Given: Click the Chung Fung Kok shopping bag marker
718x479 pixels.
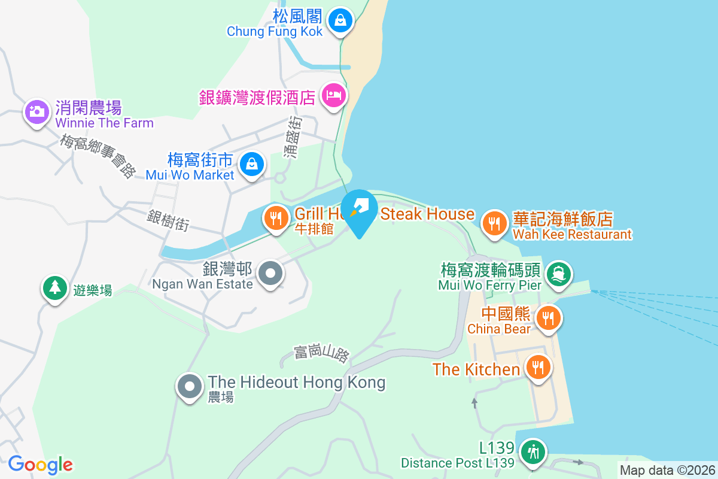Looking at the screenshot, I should pos(340,20).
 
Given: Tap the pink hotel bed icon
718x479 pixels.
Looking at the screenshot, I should pos(333,95).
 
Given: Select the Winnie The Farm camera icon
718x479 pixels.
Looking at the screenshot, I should pos(36,111).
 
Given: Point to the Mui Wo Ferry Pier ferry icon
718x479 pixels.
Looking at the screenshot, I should pos(558,274).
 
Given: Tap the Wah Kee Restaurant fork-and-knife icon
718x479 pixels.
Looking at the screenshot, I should pos(494,223).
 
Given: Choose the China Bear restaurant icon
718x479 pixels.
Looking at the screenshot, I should pos(547,317).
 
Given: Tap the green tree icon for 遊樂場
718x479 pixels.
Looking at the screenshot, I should pos(54,287).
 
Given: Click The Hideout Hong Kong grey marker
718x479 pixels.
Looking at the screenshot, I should pos(190,386).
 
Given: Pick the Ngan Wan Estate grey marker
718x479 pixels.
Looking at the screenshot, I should pos(270,274).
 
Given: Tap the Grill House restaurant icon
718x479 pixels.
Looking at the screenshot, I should pos(276,219).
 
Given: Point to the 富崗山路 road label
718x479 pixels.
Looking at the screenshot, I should pos(321,353).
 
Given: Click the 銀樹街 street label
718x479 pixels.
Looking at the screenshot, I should pos(168,220).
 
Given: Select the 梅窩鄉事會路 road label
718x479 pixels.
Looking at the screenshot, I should pos(99,156).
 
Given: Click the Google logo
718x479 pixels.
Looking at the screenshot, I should pos(40,465).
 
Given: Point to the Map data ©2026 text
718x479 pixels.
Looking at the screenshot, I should pos(667,470).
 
